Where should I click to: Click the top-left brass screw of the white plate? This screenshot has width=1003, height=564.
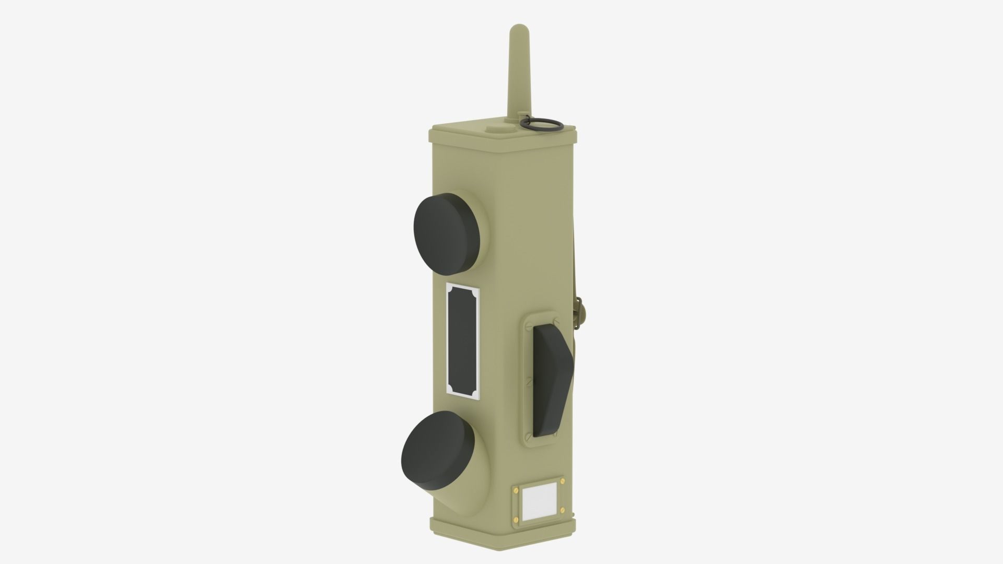tap(516, 490)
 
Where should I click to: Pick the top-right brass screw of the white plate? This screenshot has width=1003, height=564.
tap(562, 480)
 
